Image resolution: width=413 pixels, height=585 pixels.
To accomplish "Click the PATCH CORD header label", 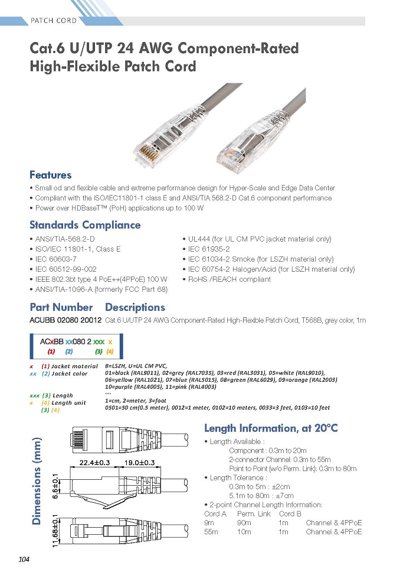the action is point(54,21).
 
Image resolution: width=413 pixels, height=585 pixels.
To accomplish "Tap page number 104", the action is point(24,559).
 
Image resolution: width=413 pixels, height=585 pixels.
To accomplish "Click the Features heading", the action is point(51,174).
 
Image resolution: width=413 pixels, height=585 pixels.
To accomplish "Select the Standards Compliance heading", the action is point(85,225).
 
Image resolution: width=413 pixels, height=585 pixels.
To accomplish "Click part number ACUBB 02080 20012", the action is point(65,320).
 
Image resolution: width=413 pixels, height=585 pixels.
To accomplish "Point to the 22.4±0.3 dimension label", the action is point(94,463).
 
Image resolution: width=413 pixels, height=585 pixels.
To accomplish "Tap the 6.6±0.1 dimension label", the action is point(55,486).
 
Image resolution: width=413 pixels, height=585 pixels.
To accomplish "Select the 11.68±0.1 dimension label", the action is point(55,531).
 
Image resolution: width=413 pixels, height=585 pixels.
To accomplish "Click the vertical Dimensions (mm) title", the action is point(37,481).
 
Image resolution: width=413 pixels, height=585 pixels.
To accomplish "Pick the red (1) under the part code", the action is point(51,352).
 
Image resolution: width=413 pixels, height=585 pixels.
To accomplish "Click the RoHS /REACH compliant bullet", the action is point(227,279).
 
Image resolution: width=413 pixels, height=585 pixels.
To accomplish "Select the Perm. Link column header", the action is point(254,513).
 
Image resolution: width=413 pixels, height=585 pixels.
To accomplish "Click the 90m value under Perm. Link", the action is point(244,523).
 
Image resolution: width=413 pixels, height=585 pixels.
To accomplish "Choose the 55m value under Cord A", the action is point(211,532).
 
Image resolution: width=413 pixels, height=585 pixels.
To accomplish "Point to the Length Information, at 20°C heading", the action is point(271,428).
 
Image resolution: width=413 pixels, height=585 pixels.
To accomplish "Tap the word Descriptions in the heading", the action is point(135,307).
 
